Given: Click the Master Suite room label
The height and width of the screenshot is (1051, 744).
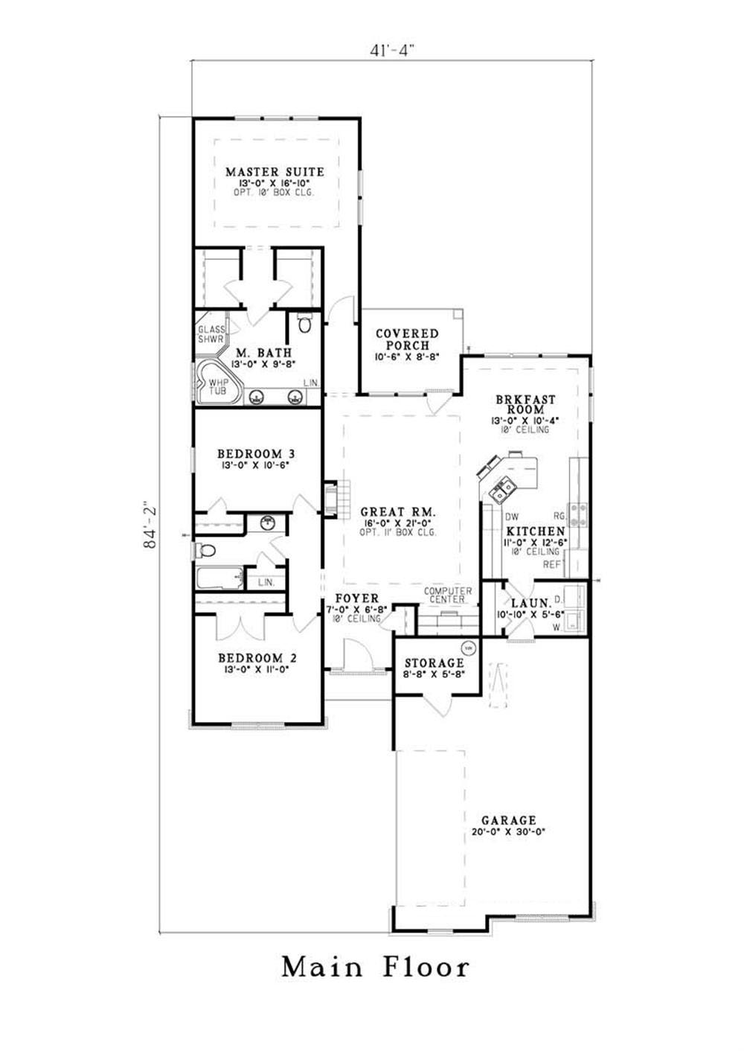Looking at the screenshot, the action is [x=275, y=172].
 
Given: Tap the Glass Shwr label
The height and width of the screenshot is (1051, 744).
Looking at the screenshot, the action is [x=211, y=334].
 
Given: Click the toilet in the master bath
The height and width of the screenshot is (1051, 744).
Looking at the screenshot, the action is [x=304, y=323].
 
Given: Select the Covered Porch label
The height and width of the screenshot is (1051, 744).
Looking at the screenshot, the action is [x=407, y=339].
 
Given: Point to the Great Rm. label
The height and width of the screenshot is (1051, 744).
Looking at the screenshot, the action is [x=399, y=511].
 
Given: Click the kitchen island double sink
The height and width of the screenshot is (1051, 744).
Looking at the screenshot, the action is [x=501, y=490].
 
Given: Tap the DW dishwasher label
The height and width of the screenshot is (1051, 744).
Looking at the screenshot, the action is [x=512, y=517].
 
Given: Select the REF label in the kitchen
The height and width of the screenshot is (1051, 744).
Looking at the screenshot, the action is [x=552, y=564].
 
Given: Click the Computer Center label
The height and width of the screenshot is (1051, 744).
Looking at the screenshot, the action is [x=448, y=595].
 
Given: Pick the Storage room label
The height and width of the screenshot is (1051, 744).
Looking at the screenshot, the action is [x=434, y=663].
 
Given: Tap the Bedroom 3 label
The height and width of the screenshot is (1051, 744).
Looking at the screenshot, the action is [x=256, y=454].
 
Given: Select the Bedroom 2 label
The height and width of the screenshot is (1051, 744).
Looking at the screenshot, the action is [x=257, y=658].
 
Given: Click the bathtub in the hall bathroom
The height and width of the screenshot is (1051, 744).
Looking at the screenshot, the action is [x=219, y=578].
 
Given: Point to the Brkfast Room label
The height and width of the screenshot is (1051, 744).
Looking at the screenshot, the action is [x=525, y=404].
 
